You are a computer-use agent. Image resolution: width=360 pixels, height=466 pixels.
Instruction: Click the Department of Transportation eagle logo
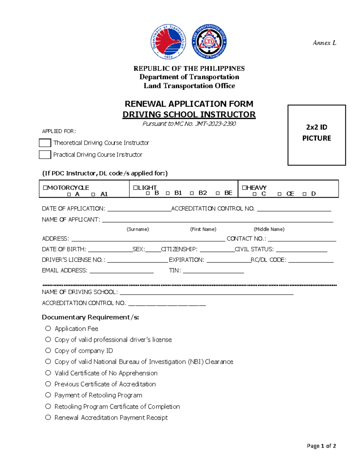click(x=168, y=42)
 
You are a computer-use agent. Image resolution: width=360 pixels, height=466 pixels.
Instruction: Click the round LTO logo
click(x=209, y=42)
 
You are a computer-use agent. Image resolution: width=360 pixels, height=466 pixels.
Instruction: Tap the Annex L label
click(x=324, y=43)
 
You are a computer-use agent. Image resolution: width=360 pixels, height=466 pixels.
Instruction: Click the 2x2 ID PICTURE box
click(x=316, y=135)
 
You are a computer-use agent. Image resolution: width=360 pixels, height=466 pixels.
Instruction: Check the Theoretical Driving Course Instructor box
click(x=45, y=143)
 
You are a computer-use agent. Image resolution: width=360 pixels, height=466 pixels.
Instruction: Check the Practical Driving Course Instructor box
click(x=45, y=155)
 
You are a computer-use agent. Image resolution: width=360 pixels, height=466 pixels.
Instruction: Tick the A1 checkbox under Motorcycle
click(x=93, y=194)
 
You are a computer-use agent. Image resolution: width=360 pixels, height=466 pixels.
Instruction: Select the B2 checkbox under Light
click(x=192, y=193)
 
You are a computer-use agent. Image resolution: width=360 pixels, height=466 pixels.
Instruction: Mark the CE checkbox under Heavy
click(x=280, y=194)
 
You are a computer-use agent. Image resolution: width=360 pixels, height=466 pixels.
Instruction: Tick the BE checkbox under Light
click(x=218, y=193)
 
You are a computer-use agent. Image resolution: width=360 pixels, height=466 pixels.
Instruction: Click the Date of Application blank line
click(x=139, y=209)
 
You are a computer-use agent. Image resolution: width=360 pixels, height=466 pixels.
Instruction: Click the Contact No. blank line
click(x=302, y=239)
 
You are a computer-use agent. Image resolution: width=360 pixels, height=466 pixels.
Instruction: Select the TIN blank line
click(x=213, y=271)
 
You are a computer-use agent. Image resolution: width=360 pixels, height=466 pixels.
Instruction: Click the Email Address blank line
click(x=121, y=271)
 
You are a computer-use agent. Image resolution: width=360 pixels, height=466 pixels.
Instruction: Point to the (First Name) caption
click(x=203, y=229)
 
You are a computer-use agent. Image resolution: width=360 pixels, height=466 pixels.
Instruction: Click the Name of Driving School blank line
click(x=206, y=293)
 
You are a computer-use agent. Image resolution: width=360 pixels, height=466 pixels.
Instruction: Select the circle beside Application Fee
click(x=48, y=328)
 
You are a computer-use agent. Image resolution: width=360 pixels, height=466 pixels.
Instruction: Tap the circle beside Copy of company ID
click(x=48, y=350)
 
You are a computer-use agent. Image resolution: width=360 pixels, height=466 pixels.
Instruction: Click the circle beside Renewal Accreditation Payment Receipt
click(x=48, y=417)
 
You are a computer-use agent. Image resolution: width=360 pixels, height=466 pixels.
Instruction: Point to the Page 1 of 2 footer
click(x=321, y=446)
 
